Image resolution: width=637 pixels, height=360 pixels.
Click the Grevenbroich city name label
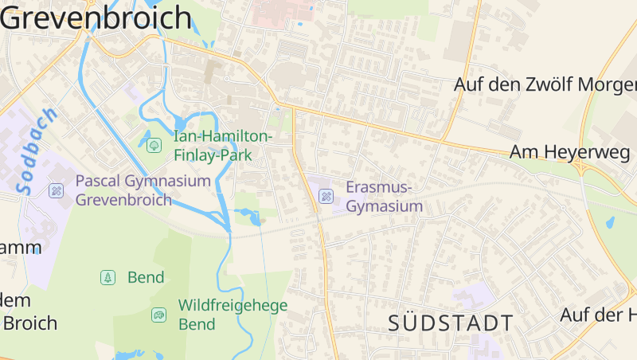[x=96, y=18]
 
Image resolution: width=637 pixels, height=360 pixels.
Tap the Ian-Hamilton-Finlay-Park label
[x=223, y=145]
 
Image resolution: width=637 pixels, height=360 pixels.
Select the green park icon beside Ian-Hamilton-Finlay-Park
[x=154, y=145]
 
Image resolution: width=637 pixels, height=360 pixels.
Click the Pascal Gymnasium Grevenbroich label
[x=143, y=190]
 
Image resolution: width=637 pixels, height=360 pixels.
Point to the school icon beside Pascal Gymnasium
[x=56, y=190]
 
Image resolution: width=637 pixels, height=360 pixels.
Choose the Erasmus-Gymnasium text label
[x=384, y=197]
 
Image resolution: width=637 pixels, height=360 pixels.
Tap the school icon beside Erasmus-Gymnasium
[x=326, y=196]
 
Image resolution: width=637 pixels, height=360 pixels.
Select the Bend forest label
[x=146, y=277]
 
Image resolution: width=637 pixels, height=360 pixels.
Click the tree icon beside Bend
[x=107, y=277]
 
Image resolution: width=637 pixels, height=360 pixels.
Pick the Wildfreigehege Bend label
[x=233, y=314]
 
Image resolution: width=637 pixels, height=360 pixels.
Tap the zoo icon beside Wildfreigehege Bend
[x=158, y=315]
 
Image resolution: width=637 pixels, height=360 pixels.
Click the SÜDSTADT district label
[x=451, y=323]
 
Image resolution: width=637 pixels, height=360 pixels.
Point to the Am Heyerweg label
[x=569, y=151]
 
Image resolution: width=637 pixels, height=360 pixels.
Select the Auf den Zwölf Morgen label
[x=545, y=84]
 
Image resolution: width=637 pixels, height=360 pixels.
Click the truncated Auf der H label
[x=597, y=315]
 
